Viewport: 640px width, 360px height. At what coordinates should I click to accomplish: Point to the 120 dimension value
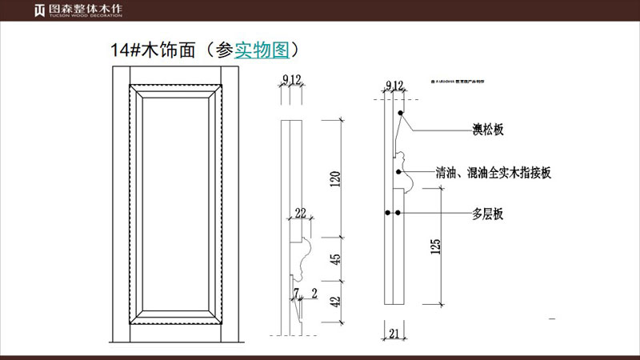pos(336,178)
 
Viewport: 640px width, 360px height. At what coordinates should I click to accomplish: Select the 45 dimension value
pos(336,260)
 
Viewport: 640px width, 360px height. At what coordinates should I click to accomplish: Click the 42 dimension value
pos(336,302)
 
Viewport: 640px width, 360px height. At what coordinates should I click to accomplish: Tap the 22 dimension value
pos(301,213)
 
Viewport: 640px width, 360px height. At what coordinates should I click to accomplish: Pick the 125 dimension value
pos(435,247)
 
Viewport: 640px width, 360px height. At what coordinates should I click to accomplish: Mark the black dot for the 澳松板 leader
pos(399,114)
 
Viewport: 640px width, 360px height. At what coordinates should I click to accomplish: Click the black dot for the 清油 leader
pos(398,172)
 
